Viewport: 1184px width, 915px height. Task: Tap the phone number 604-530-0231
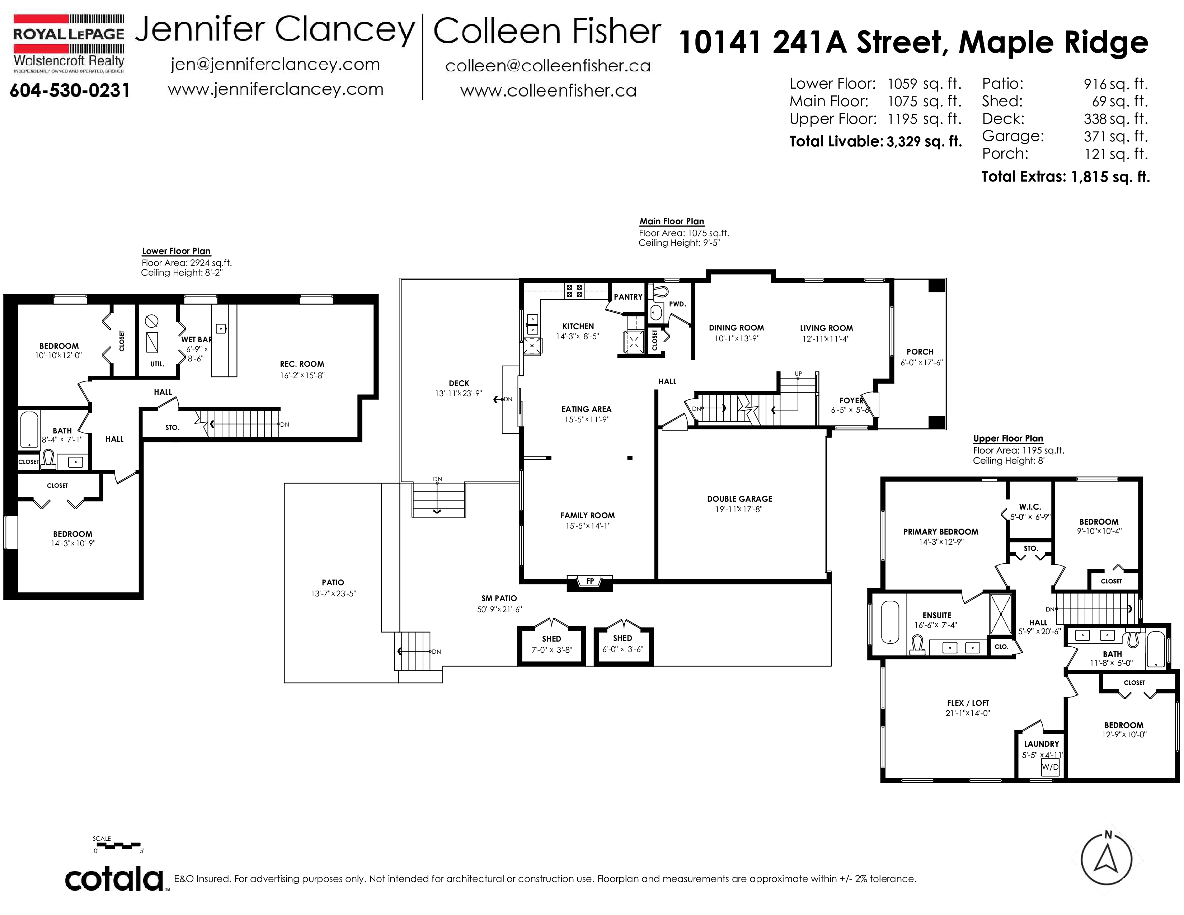pyautogui.click(x=70, y=90)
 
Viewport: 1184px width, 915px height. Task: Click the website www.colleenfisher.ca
pyautogui.click(x=548, y=90)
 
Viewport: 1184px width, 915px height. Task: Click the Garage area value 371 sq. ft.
pyautogui.click(x=1116, y=136)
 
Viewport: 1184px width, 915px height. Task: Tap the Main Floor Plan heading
pyautogui.click(x=672, y=221)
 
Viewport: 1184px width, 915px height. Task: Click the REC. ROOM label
pyautogui.click(x=302, y=364)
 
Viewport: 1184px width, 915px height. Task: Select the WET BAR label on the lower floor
pyautogui.click(x=196, y=340)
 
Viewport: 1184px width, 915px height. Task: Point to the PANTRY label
pyautogui.click(x=628, y=297)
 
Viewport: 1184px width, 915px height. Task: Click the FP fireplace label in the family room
pyautogui.click(x=590, y=581)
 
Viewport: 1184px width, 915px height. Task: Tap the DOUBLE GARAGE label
pyautogui.click(x=739, y=499)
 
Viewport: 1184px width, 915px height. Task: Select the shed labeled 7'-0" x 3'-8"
pyautogui.click(x=551, y=645)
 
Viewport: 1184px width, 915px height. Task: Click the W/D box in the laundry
pyautogui.click(x=1050, y=768)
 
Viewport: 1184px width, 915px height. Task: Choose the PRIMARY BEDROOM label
pyautogui.click(x=941, y=532)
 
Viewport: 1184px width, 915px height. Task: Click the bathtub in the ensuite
pyautogui.click(x=890, y=622)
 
